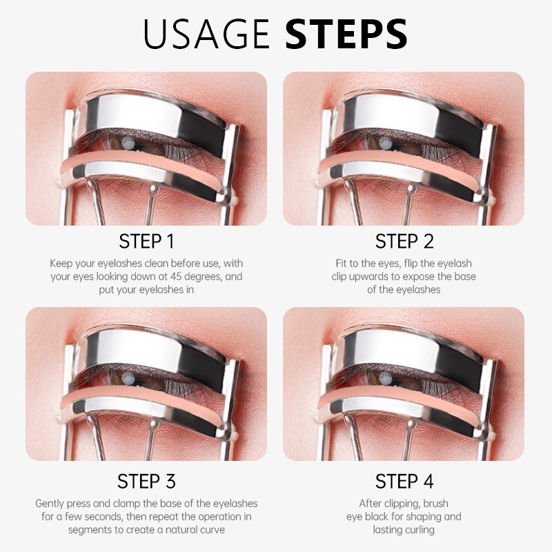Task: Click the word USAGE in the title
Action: point(206,34)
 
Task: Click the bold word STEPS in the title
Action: point(347,34)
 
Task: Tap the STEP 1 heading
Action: point(146,241)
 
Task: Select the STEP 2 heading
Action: point(404,241)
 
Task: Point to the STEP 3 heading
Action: point(146,481)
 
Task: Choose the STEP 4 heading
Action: point(404,481)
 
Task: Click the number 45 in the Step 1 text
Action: point(176,277)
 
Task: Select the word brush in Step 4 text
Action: point(436,503)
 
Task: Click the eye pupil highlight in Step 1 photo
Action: point(127,142)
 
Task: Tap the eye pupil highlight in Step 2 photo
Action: point(385,142)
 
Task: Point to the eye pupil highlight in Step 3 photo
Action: point(127,378)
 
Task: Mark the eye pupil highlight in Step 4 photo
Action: point(385,378)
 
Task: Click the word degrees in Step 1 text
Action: point(203,277)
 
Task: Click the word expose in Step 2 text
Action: point(418,277)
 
